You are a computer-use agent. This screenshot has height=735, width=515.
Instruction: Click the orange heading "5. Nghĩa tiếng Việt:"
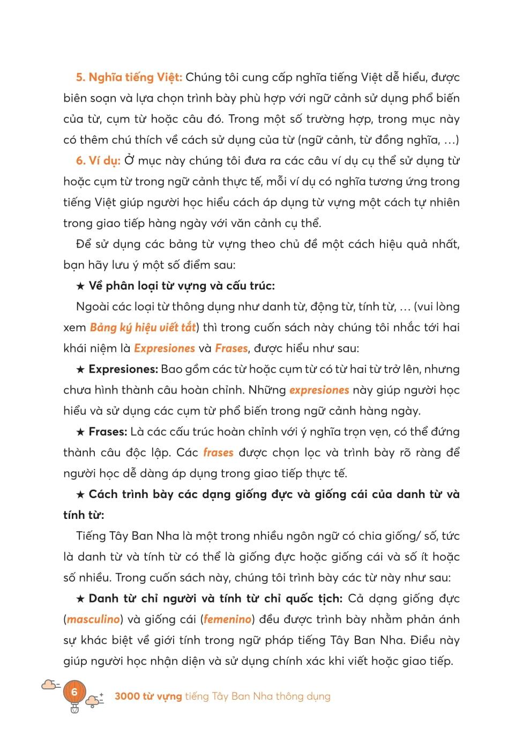129,77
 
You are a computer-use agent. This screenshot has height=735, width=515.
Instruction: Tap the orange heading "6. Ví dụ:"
98,161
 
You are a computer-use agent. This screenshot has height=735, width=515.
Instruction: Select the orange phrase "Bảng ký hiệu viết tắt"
143,328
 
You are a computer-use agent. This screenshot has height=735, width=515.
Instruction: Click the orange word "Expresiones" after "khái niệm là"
165,348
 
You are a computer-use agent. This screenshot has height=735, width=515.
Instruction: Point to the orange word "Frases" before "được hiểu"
231,348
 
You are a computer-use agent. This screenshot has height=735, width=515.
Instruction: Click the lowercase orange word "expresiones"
319,390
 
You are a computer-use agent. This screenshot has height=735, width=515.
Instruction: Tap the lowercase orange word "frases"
218,452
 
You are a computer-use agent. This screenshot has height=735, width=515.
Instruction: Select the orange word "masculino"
93,619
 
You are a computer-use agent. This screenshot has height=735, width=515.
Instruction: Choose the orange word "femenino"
228,619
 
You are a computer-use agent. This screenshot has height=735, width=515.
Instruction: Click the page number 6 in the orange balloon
74,692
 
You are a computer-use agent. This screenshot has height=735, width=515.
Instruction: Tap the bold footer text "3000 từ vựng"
148,696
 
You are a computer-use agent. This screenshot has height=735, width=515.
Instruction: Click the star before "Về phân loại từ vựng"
80,286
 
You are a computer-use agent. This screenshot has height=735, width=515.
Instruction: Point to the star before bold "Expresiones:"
80,370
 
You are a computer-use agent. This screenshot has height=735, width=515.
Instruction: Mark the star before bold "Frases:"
80,432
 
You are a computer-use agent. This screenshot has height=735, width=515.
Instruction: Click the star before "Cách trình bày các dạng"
80,495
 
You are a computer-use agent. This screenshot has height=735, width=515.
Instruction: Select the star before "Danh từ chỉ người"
80,599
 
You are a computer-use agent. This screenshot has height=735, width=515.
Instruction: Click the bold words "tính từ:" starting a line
84,515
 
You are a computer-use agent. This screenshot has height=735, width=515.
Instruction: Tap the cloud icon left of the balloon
49,684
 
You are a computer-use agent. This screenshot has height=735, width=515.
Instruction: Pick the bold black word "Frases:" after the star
108,432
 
